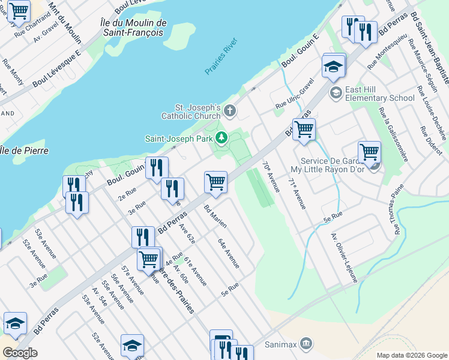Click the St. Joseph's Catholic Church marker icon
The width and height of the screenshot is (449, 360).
point(231,110)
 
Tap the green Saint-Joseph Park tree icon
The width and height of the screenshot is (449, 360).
point(221,139)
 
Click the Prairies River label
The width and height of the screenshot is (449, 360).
point(221,57)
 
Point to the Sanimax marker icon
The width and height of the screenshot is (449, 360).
point(306,344)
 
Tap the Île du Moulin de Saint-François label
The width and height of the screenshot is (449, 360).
point(133,28)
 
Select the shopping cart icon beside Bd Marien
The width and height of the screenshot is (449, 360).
point(215,182)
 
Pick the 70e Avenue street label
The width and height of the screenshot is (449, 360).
point(271,176)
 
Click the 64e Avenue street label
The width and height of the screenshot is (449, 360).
point(229,253)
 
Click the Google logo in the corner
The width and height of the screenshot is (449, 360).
point(20,353)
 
